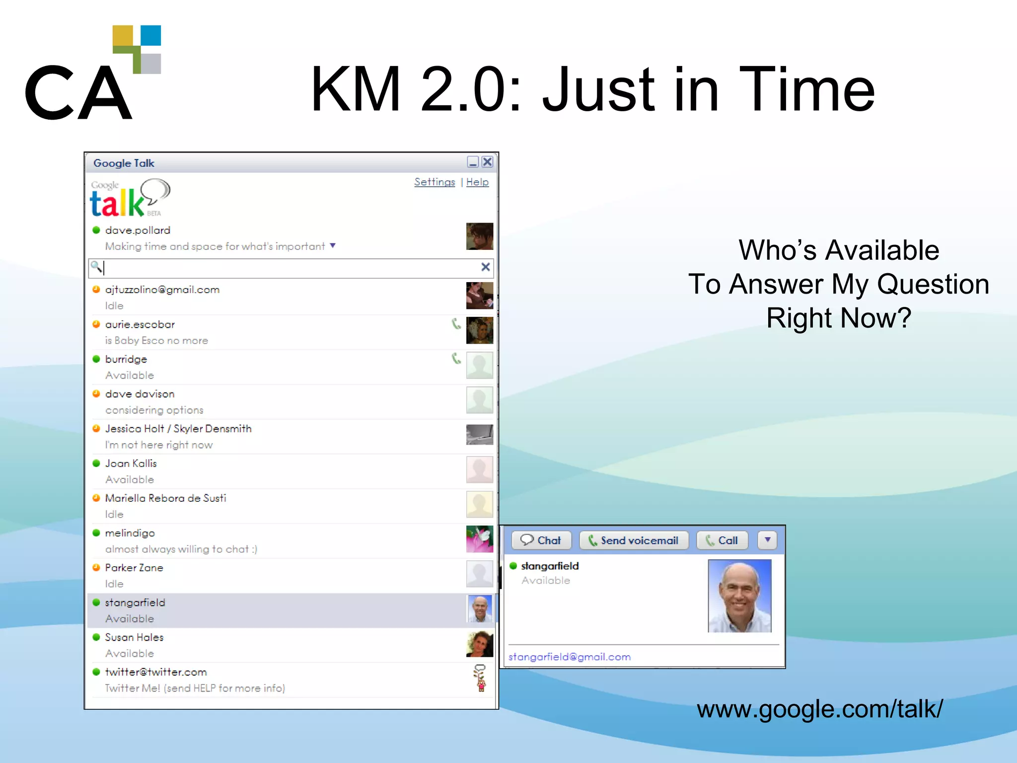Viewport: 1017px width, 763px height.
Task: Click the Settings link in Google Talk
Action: [x=435, y=182]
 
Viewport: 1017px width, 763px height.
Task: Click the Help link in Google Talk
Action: [x=477, y=182]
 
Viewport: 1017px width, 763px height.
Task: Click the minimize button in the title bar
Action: [x=473, y=162]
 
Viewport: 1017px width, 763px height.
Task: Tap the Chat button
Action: [x=541, y=540]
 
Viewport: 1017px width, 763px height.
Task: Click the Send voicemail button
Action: [x=634, y=540]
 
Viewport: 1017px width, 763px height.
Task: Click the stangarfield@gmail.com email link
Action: [x=570, y=657]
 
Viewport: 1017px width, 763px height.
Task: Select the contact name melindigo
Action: [x=130, y=533]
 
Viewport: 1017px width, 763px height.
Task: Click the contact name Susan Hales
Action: [x=134, y=637]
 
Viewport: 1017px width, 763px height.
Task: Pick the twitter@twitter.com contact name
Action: [x=156, y=672]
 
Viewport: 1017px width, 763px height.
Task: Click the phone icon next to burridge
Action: [x=456, y=359]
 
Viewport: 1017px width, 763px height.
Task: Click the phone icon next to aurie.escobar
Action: [x=456, y=324]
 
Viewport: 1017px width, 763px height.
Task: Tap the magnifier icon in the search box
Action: [x=96, y=267]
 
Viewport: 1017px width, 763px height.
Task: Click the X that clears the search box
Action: [x=486, y=267]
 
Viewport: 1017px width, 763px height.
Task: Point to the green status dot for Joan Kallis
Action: [x=96, y=463]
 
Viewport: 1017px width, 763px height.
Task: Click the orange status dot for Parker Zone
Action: [x=96, y=568]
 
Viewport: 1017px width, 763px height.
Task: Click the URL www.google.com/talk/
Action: [x=819, y=709]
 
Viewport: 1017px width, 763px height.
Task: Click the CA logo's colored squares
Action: [x=137, y=49]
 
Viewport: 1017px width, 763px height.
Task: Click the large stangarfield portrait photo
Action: [x=739, y=596]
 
